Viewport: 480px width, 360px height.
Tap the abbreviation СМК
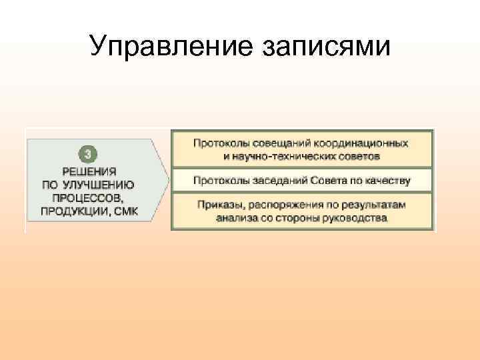126,211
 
